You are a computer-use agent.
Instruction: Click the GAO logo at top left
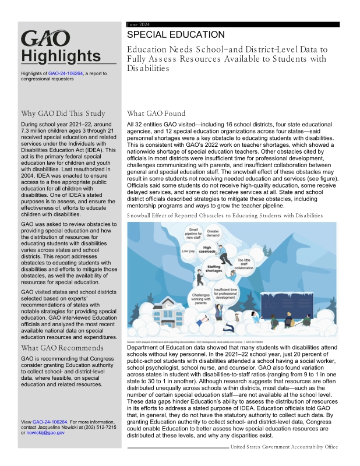(45, 39)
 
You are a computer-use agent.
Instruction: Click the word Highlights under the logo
(61, 56)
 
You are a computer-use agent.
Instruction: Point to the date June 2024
(139, 24)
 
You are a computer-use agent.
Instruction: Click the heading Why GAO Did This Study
(63, 114)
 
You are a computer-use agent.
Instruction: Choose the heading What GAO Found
(156, 114)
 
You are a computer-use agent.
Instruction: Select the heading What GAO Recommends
(62, 348)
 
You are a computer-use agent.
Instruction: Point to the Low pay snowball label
(189, 251)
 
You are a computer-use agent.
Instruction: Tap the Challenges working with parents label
(200, 298)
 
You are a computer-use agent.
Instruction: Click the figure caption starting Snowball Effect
(224, 216)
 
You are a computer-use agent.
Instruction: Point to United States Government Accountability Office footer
(284, 447)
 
